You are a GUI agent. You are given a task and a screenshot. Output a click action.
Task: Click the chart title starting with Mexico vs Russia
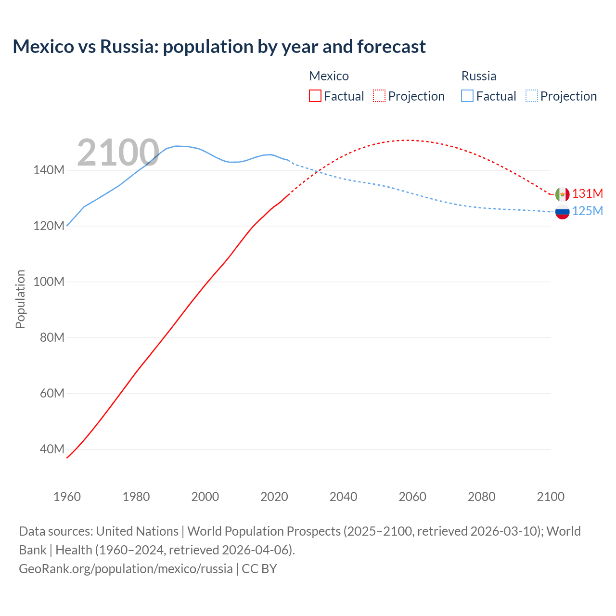(219, 47)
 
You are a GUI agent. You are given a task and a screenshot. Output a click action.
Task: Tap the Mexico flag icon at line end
(562, 194)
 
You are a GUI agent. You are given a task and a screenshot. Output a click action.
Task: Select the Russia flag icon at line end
(562, 212)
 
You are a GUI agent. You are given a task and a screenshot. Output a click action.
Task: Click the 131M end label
(587, 193)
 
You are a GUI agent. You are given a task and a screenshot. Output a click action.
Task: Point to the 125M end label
(587, 211)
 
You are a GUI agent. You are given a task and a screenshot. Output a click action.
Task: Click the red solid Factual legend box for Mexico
(315, 96)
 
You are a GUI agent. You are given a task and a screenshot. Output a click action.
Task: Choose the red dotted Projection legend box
(379, 96)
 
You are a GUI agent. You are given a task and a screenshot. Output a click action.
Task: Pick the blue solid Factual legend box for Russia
(467, 96)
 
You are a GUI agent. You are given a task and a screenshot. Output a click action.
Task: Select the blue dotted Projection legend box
(531, 96)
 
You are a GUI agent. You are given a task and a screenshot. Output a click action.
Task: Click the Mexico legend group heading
(329, 76)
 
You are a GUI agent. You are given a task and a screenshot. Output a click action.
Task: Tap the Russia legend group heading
(478, 76)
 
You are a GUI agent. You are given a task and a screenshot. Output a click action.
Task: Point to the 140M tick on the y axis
(49, 170)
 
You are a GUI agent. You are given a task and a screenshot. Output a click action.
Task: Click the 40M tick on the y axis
(51, 449)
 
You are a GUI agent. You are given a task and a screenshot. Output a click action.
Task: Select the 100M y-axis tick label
(49, 282)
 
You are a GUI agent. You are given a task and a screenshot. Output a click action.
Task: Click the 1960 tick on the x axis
(67, 497)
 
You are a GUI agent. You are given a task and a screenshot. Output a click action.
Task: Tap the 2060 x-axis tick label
(412, 497)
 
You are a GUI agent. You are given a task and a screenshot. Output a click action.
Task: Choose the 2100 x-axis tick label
(551, 497)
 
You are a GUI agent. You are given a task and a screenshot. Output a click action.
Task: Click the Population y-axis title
(20, 299)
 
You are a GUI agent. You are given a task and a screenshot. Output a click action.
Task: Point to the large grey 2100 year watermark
(118, 153)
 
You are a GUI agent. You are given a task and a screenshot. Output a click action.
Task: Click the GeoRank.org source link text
(126, 568)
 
